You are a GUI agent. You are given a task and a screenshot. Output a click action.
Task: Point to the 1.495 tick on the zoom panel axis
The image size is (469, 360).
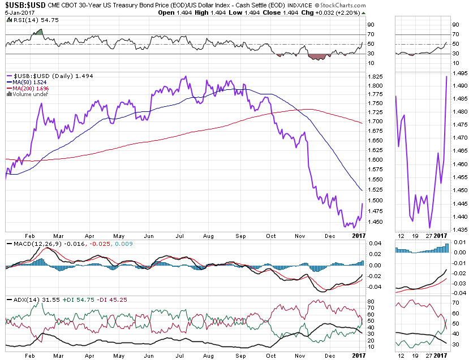(x=459, y=72)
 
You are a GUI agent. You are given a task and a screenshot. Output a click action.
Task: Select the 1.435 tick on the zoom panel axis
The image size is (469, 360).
(x=459, y=229)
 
